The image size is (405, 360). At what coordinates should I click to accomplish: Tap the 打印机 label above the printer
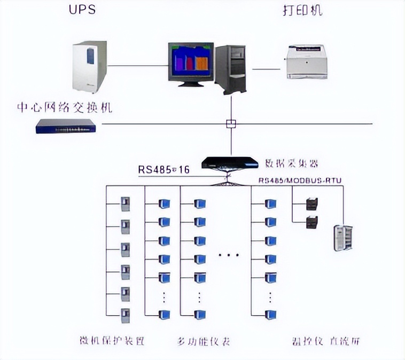(302, 11)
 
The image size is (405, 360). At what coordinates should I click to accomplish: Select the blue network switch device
(66, 126)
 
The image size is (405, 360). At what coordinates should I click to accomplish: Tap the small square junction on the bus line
(231, 124)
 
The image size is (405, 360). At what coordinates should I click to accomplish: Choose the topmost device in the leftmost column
(126, 204)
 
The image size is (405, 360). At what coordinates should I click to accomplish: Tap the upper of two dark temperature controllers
(311, 204)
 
